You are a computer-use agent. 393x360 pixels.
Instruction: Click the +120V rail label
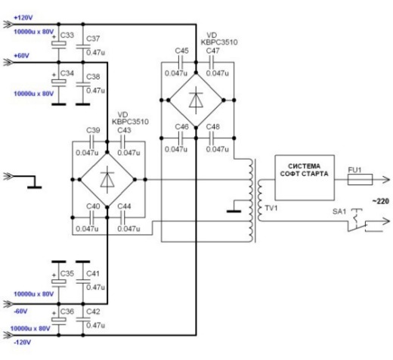pyautogui.click(x=23, y=17)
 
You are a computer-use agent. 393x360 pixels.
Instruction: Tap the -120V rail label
pyautogui.click(x=23, y=342)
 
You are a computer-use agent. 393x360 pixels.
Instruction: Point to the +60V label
pyautogui.click(x=21, y=55)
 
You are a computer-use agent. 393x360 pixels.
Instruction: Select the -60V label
pyautogui.click(x=20, y=311)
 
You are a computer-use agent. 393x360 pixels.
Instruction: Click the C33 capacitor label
pyautogui.click(x=67, y=35)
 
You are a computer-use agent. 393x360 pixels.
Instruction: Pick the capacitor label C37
pyautogui.click(x=93, y=39)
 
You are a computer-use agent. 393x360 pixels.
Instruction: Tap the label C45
pyautogui.click(x=181, y=51)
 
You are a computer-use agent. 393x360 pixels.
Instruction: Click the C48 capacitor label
pyautogui.click(x=213, y=126)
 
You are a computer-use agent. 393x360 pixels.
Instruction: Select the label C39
pyautogui.click(x=93, y=130)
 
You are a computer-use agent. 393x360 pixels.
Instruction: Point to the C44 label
pyautogui.click(x=124, y=206)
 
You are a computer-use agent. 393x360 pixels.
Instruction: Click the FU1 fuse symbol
pyautogui.click(x=360, y=179)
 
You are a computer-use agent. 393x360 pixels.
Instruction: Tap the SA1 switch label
pyautogui.click(x=339, y=211)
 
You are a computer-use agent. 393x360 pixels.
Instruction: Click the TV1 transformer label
pyautogui.click(x=271, y=208)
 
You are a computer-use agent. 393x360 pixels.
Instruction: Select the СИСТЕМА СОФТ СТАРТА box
pyautogui.click(x=305, y=178)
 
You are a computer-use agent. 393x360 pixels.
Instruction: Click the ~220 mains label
pyautogui.click(x=381, y=201)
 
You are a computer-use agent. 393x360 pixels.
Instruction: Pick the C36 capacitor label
pyautogui.click(x=67, y=312)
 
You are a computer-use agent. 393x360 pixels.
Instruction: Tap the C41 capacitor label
pyautogui.click(x=93, y=274)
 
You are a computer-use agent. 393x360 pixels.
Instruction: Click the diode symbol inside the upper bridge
pyautogui.click(x=196, y=100)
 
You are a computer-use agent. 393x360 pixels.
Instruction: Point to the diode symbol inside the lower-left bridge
pyautogui.click(x=107, y=179)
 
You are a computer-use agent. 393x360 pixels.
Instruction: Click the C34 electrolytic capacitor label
pyautogui.click(x=67, y=73)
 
